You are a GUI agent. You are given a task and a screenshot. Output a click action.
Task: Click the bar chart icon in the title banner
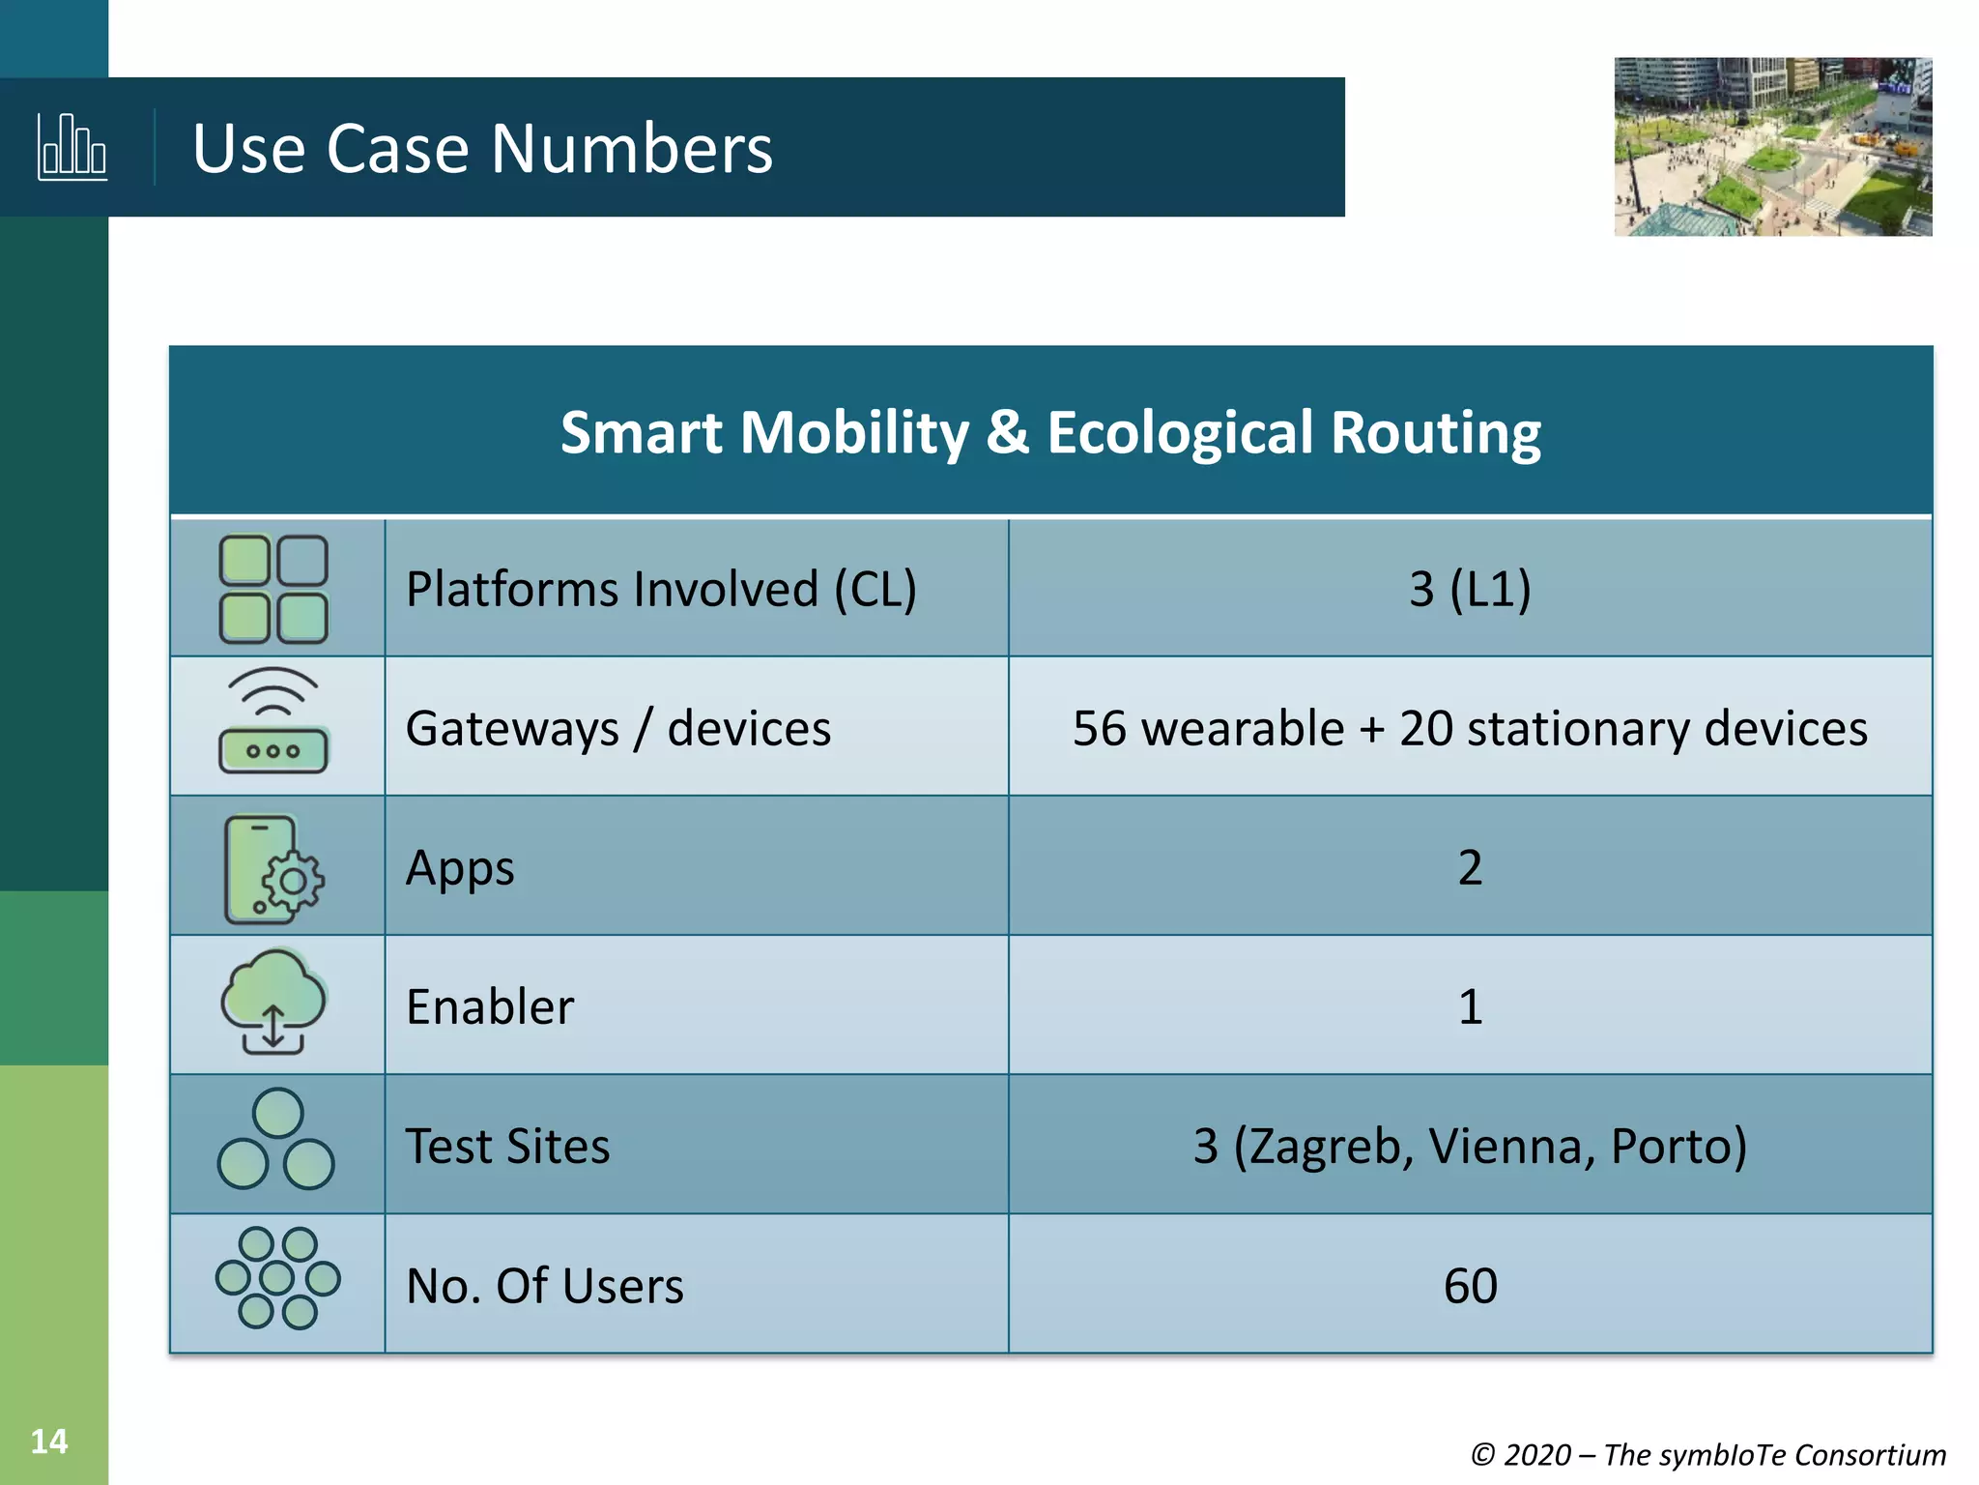click(x=72, y=147)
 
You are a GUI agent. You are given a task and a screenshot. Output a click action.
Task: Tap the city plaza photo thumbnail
click(x=1772, y=147)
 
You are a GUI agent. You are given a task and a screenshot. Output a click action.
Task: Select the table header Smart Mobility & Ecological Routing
click(x=1050, y=432)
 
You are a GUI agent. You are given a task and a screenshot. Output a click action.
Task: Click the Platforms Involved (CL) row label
click(x=661, y=589)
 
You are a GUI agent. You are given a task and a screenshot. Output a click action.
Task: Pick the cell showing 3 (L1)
click(x=1470, y=589)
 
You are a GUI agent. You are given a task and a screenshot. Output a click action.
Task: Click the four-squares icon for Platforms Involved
click(x=273, y=589)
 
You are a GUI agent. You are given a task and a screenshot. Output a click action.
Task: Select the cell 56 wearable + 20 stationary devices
click(x=1470, y=728)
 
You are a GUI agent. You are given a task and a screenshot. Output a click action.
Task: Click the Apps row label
click(x=460, y=867)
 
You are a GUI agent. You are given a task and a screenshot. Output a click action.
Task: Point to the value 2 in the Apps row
click(x=1470, y=867)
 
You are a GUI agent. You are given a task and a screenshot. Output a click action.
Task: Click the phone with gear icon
click(x=273, y=868)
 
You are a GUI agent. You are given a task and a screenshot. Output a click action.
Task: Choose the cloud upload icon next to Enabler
click(x=273, y=1002)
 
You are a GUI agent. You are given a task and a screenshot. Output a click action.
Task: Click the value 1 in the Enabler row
click(x=1470, y=1006)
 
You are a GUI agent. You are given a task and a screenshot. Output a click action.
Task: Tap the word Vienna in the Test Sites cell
click(x=1510, y=1146)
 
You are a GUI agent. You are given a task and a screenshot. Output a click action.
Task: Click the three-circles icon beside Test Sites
click(x=276, y=1141)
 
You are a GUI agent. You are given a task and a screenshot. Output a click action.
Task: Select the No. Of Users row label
click(x=545, y=1286)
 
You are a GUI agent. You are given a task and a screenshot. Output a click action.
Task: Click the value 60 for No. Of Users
click(x=1470, y=1286)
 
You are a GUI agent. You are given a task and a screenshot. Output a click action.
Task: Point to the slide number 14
click(x=49, y=1441)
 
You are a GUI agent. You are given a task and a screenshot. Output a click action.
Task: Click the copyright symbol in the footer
click(x=1482, y=1455)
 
